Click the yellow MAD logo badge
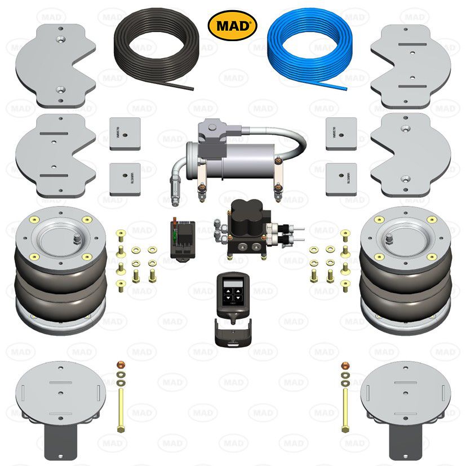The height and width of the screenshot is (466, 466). (233, 25)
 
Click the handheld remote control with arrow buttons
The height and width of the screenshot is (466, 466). (232, 291)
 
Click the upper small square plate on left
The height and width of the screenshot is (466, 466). (125, 133)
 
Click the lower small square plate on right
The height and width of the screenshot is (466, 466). (341, 179)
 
